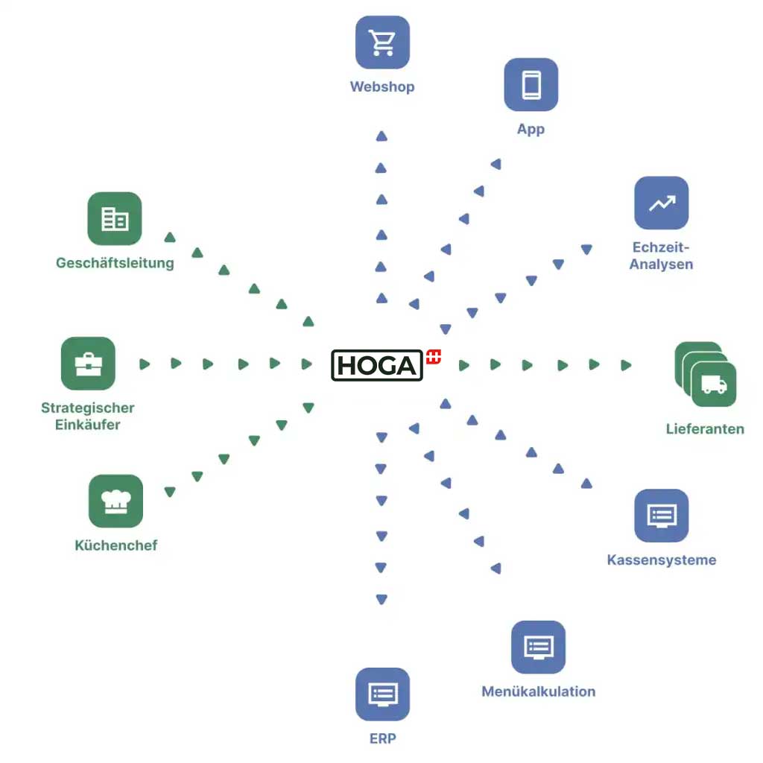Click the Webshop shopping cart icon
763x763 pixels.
pyautogui.click(x=382, y=42)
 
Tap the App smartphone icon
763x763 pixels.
pyautogui.click(x=531, y=85)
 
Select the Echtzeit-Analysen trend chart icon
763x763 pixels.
pyautogui.click(x=661, y=203)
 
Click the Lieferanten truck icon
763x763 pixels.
pyautogui.click(x=713, y=384)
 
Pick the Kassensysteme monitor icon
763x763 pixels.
pyautogui.click(x=661, y=516)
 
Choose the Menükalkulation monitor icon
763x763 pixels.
pyautogui.click(x=538, y=647)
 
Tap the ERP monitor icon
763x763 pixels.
pyautogui.click(x=382, y=694)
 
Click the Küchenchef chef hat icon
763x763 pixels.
pyautogui.click(x=115, y=501)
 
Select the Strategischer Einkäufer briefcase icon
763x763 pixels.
pyautogui.click(x=88, y=364)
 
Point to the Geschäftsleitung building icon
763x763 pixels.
pyautogui.click(x=114, y=219)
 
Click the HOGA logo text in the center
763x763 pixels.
pyautogui.click(x=377, y=365)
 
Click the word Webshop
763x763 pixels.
pyautogui.click(x=382, y=86)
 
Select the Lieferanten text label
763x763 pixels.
pyautogui.click(x=705, y=428)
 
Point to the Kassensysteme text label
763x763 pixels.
pyautogui.click(x=662, y=560)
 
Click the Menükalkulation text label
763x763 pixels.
pyautogui.click(x=538, y=691)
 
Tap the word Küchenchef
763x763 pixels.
pyautogui.click(x=116, y=545)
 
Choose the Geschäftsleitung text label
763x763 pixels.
pyautogui.click(x=115, y=263)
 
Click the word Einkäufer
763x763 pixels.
pyautogui.click(x=88, y=425)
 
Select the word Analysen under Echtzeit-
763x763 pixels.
pyautogui.click(x=661, y=265)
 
